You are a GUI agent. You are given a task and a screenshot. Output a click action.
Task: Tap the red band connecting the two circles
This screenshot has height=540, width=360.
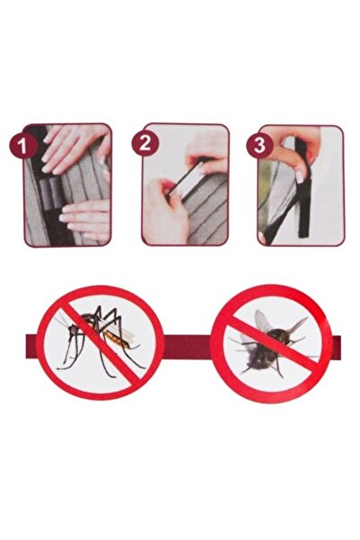pyautogui.click(x=184, y=347)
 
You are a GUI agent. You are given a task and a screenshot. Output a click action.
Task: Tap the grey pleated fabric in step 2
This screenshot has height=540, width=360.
pyautogui.click(x=206, y=220)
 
